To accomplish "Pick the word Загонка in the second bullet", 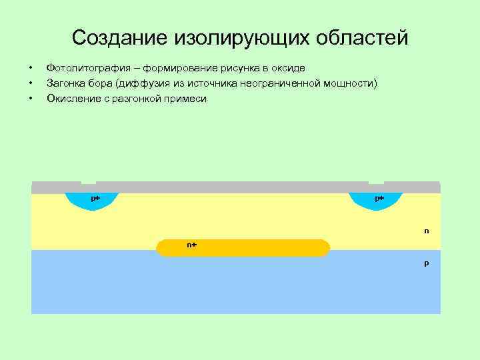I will point(65,83).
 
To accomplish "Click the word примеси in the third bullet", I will point(189,99).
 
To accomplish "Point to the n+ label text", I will point(191,245).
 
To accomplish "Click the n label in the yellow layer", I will point(426,231).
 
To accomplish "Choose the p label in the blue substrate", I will point(426,263).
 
